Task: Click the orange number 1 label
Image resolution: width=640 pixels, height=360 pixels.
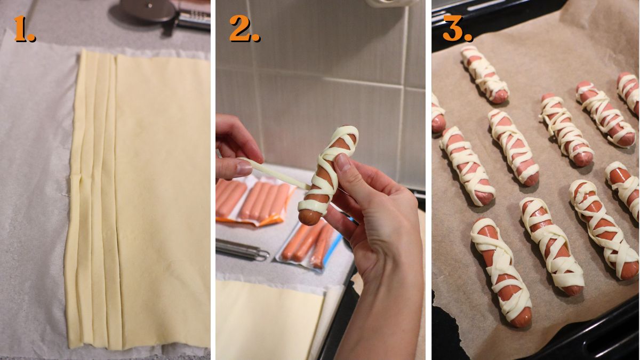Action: (24, 29)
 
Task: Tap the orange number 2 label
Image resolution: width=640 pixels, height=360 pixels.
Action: (244, 29)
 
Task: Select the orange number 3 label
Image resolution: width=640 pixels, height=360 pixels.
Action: (457, 29)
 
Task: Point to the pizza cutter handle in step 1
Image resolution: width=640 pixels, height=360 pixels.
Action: (192, 19)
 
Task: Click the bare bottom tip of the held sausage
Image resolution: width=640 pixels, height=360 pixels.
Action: (309, 217)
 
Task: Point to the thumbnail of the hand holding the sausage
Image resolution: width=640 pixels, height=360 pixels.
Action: (343, 161)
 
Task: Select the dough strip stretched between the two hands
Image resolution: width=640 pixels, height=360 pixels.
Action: (277, 174)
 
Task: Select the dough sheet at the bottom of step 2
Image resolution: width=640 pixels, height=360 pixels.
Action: (267, 320)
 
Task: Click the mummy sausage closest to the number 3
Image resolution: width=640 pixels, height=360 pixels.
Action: (484, 74)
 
